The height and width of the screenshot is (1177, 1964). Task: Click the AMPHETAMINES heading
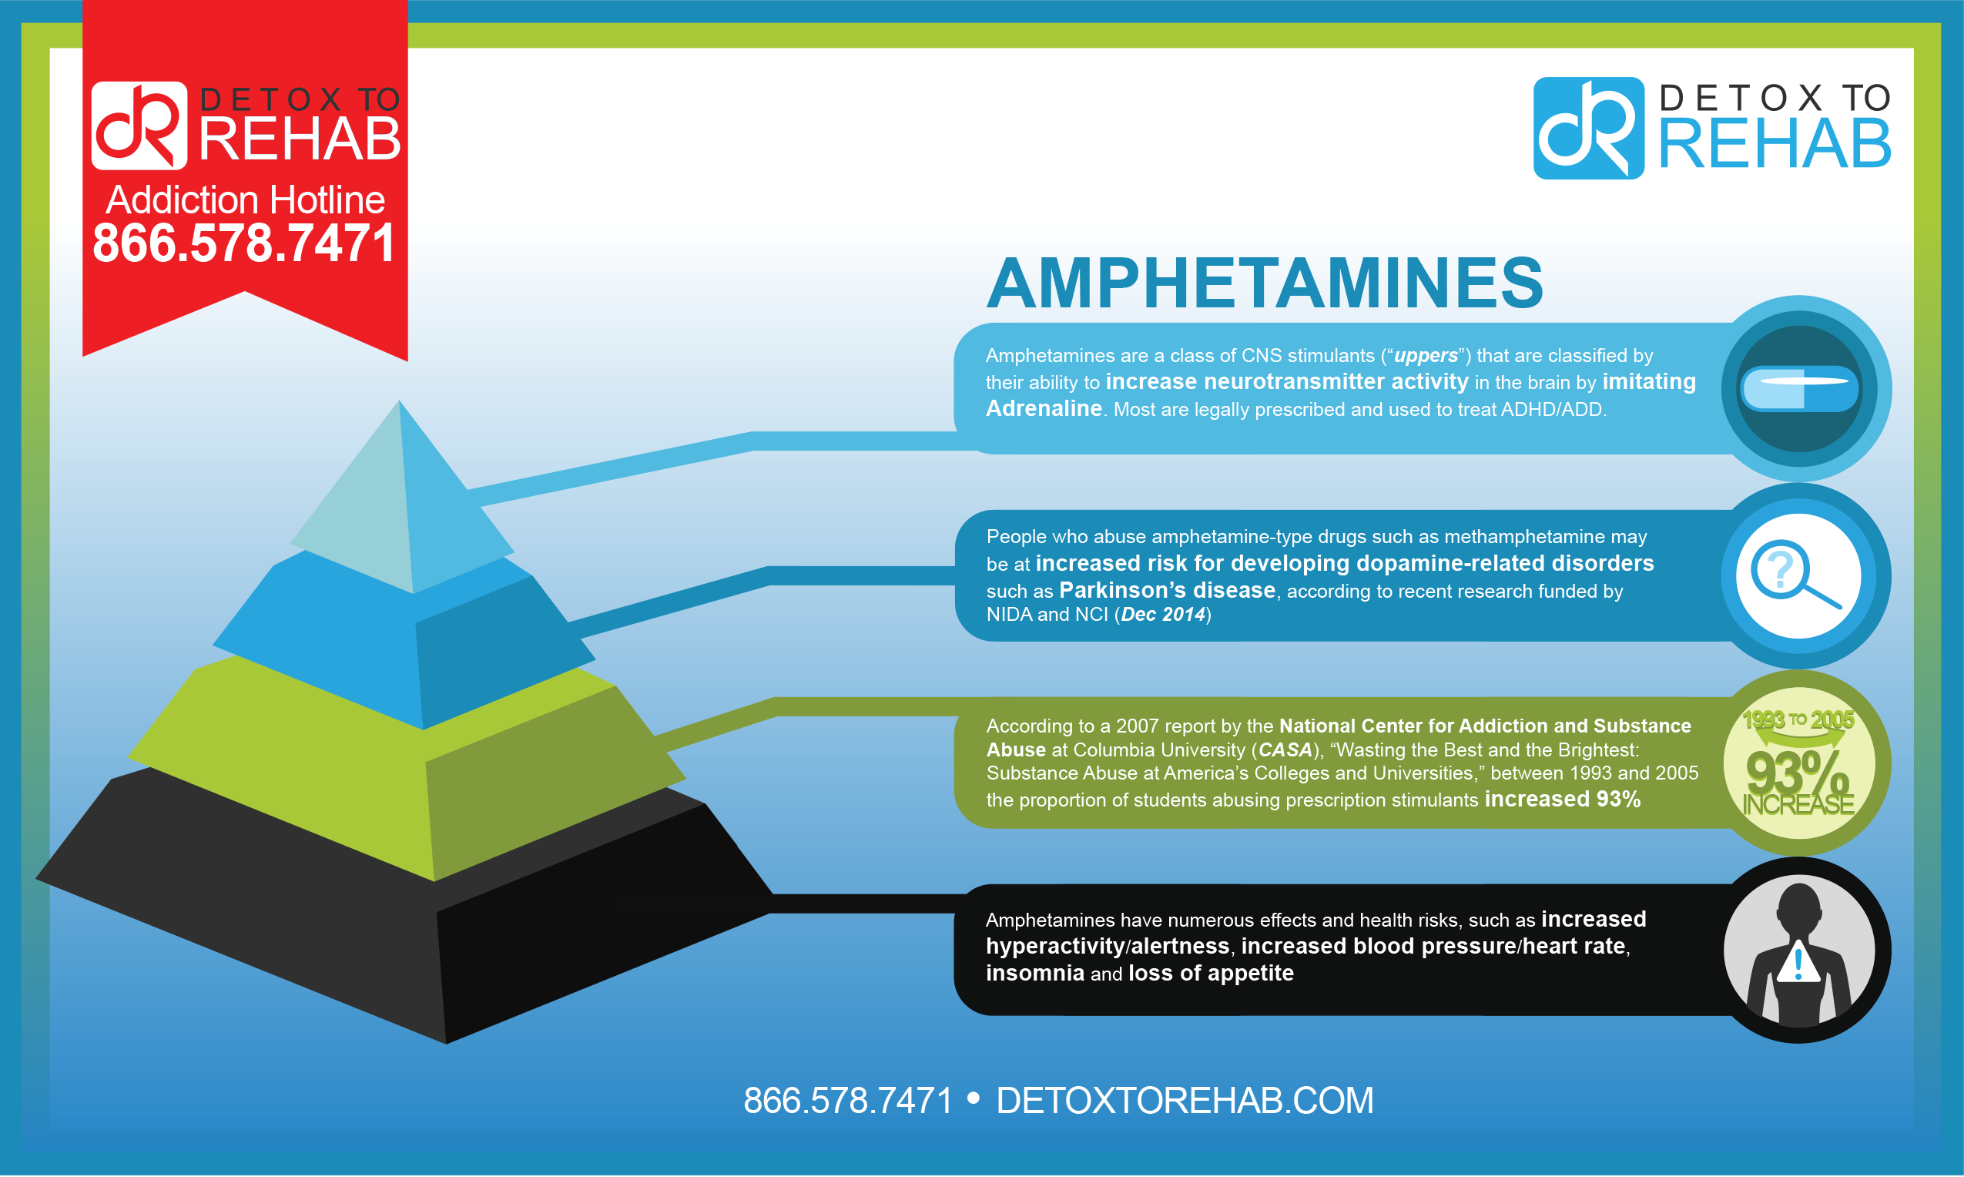click(x=1265, y=283)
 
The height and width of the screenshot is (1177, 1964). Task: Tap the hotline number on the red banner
click(x=244, y=243)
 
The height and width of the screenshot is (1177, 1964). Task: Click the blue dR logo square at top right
click(x=1588, y=128)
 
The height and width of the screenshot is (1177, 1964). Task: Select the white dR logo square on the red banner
click(x=139, y=126)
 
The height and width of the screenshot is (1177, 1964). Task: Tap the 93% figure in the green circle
click(x=1797, y=773)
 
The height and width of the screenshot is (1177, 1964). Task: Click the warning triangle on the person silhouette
click(x=1798, y=962)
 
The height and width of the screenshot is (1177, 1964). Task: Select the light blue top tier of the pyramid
click(x=401, y=499)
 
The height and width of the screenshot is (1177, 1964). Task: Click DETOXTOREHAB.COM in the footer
click(x=1185, y=1101)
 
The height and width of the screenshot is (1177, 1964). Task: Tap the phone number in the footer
click(x=848, y=1101)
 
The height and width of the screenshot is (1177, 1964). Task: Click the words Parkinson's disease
click(x=1167, y=590)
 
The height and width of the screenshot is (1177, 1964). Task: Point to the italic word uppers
click(x=1426, y=355)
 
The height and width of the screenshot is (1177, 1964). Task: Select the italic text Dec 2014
click(x=1163, y=615)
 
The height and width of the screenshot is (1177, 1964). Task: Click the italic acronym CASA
click(x=1285, y=749)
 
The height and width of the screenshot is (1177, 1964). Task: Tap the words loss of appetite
click(x=1211, y=973)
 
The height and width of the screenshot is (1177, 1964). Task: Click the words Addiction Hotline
click(x=246, y=200)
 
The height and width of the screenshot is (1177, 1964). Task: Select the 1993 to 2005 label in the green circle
click(x=1798, y=720)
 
